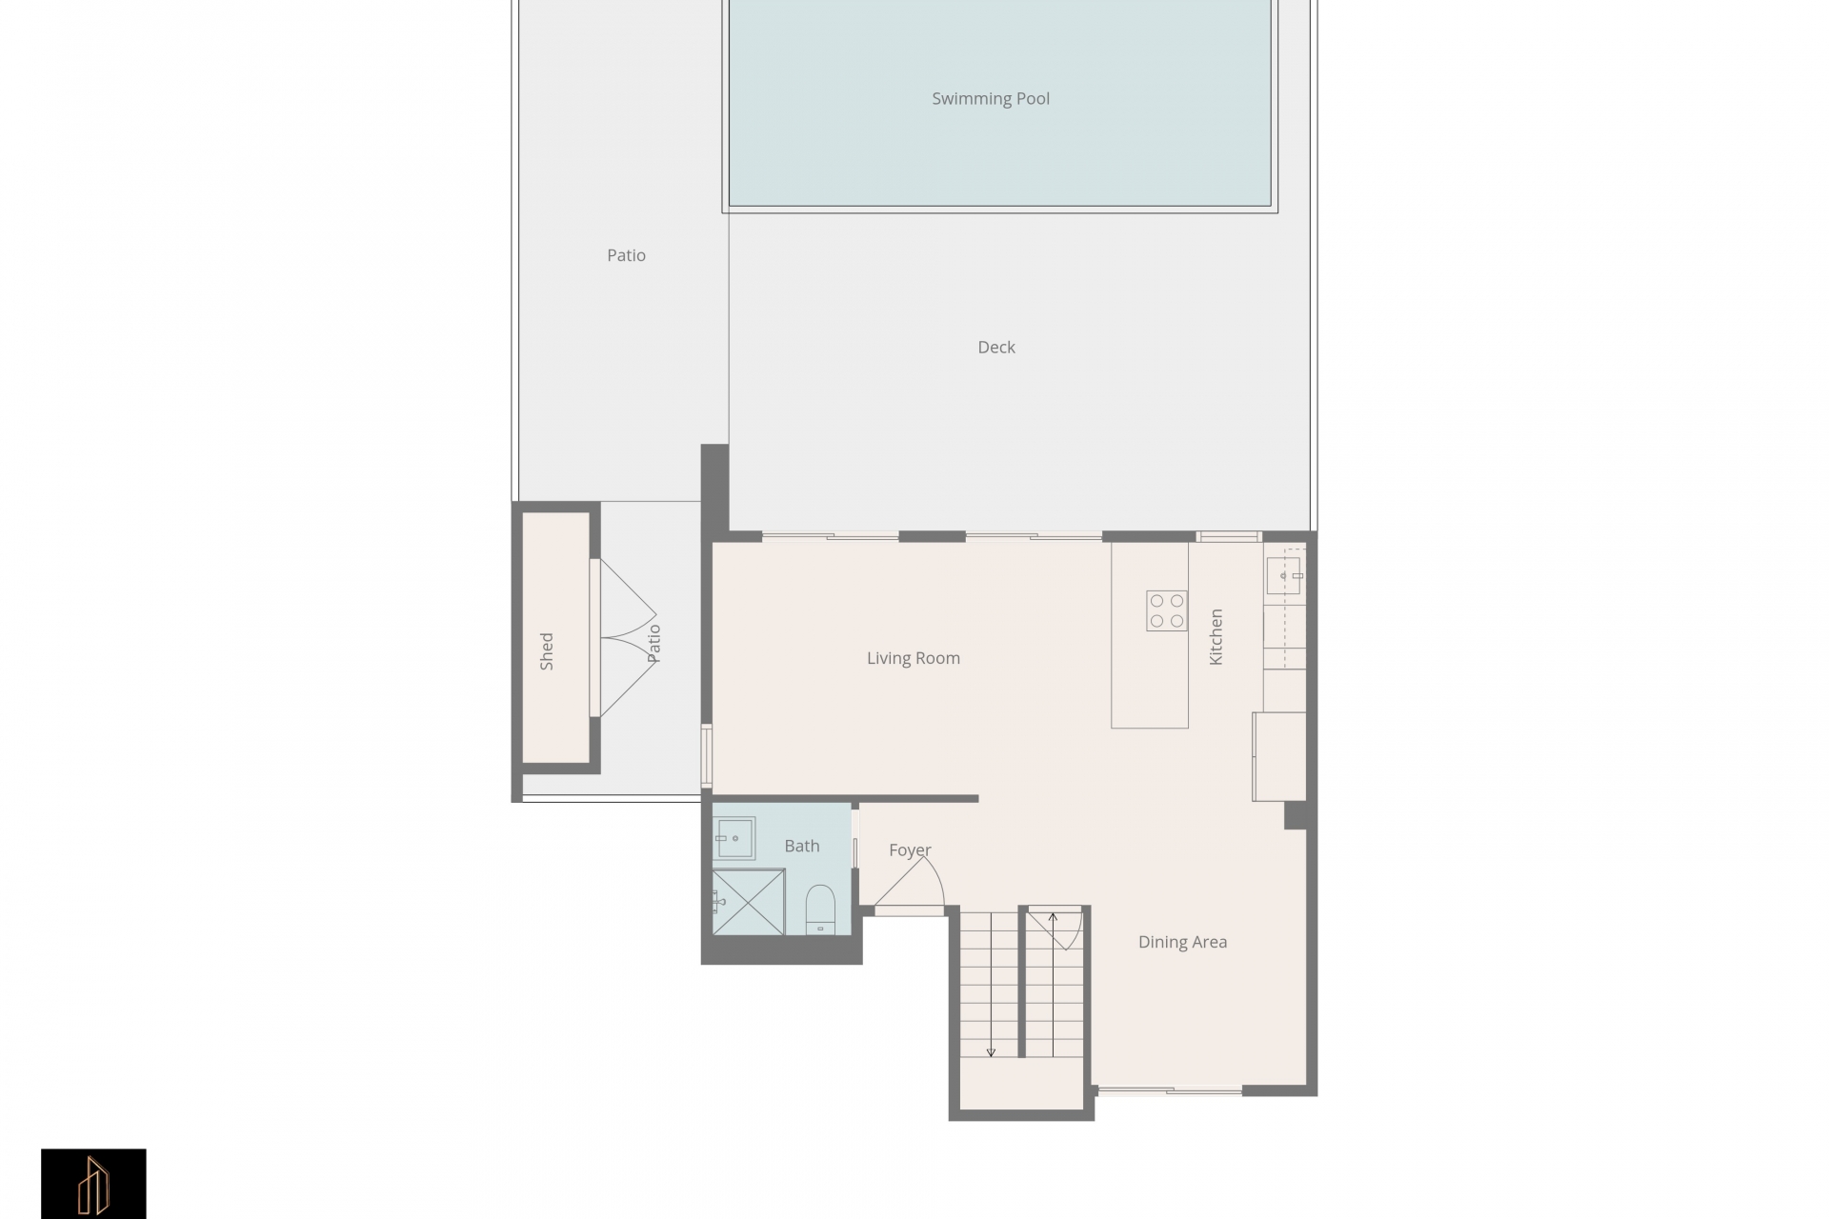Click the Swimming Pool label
[991, 99]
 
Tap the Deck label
[996, 348]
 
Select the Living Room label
[914, 659]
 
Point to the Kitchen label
[1216, 637]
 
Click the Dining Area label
[1182, 943]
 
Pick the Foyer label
[910, 850]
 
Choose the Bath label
[802, 846]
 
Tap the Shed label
[547, 651]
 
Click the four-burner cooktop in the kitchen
[1167, 610]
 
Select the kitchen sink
[1284, 575]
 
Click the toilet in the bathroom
[820, 909]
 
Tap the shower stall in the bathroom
[749, 902]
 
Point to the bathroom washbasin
[734, 838]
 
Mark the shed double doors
[625, 638]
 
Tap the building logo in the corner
[93, 1184]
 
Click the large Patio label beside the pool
[626, 255]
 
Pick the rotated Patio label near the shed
[653, 643]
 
